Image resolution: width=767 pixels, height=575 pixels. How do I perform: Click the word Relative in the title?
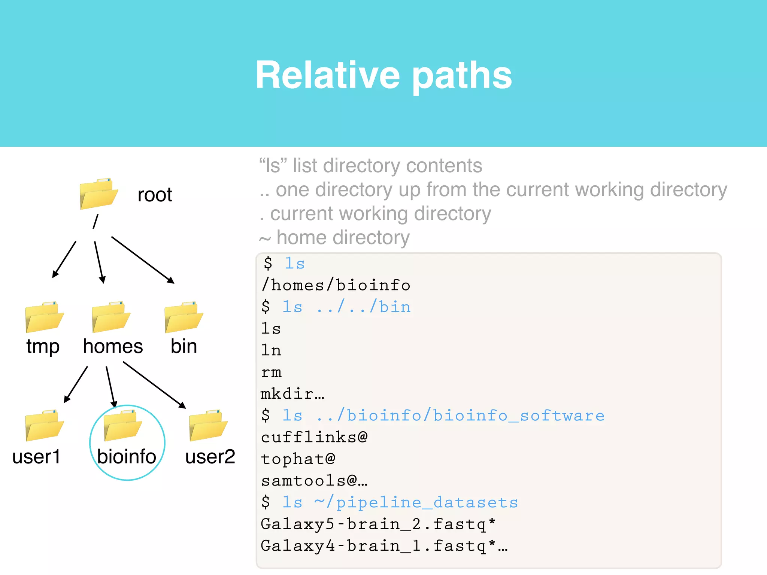pyautogui.click(x=328, y=75)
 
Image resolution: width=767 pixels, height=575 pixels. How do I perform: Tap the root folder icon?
pyautogui.click(x=98, y=194)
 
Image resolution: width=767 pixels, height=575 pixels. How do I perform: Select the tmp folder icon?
pyautogui.click(x=44, y=317)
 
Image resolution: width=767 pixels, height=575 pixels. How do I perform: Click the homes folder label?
pyautogui.click(x=113, y=346)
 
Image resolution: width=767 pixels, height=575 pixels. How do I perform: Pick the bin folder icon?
pyautogui.click(x=184, y=317)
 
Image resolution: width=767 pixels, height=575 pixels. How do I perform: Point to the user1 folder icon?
pyautogui.click(x=44, y=426)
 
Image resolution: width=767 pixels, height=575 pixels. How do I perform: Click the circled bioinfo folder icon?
pyautogui.click(x=122, y=426)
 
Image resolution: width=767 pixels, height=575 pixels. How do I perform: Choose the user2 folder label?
pyautogui.click(x=210, y=457)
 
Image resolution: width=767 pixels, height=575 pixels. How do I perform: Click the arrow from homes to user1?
pyautogui.click(x=76, y=384)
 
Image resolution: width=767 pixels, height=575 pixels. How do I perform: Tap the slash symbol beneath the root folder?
pyautogui.click(x=96, y=222)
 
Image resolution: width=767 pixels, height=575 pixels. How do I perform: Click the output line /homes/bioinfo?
pyautogui.click(x=336, y=286)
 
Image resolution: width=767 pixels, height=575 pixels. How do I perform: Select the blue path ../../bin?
pyautogui.click(x=364, y=307)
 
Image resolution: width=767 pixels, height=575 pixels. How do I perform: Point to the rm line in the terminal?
pyautogui.click(x=271, y=372)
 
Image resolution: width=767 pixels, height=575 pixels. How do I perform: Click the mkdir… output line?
pyautogui.click(x=292, y=394)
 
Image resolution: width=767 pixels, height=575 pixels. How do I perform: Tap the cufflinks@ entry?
pyautogui.click(x=314, y=438)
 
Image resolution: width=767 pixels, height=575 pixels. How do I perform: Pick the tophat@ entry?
pyautogui.click(x=298, y=459)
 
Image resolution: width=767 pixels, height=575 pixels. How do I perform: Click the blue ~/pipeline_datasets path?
pyautogui.click(x=416, y=503)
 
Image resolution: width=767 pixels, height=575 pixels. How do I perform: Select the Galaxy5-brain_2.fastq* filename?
pyautogui.click(x=378, y=524)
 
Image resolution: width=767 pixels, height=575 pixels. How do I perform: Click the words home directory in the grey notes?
pyautogui.click(x=343, y=238)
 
